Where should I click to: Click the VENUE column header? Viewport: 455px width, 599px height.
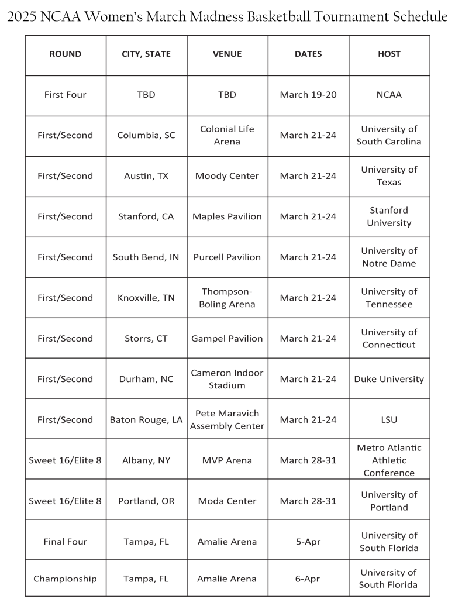click(227, 54)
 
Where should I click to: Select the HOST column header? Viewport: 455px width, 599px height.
click(389, 54)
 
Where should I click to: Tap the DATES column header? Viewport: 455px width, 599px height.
click(308, 54)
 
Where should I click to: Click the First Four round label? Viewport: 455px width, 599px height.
click(65, 95)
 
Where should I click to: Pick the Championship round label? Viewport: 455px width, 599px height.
click(65, 579)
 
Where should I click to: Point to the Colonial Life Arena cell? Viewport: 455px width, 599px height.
click(227, 135)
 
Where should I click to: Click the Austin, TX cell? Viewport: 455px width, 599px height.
click(146, 176)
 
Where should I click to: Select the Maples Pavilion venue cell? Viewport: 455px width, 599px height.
click(227, 216)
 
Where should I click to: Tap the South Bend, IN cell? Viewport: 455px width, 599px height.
click(146, 257)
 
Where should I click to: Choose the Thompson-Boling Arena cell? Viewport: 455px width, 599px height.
click(227, 298)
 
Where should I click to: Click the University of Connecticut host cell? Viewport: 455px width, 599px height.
click(389, 338)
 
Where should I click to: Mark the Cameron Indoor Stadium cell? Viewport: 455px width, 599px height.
click(227, 379)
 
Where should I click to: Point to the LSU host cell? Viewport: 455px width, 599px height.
click(389, 420)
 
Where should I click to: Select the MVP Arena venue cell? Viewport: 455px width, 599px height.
click(227, 460)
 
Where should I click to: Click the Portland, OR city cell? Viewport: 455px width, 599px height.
click(146, 501)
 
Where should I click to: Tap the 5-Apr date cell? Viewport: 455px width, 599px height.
click(308, 542)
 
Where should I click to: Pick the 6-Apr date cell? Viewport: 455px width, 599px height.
click(308, 579)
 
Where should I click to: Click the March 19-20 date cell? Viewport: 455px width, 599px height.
click(308, 95)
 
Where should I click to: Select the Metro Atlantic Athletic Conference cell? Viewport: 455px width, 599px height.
click(389, 460)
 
